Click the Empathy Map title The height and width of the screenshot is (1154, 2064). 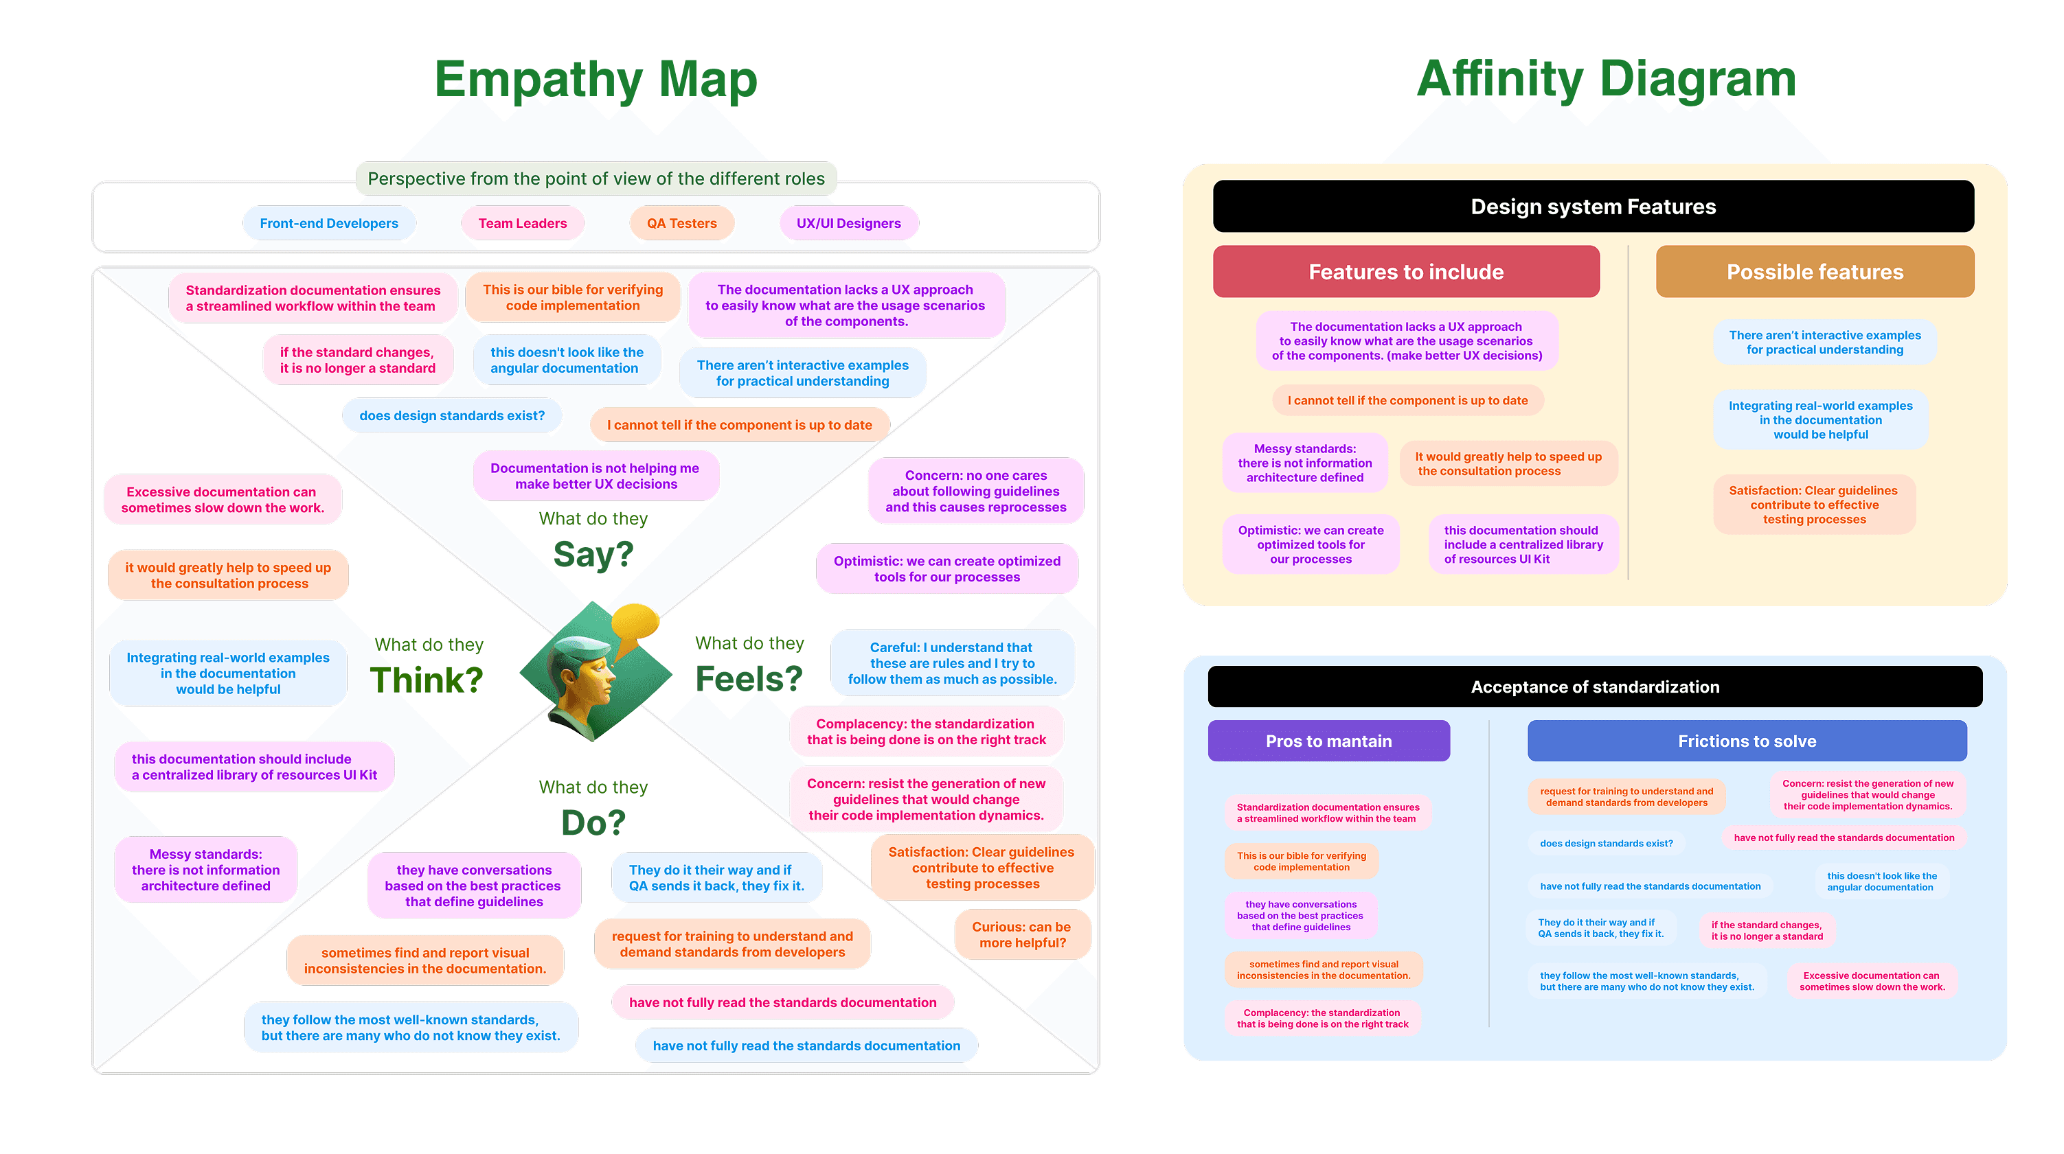[x=596, y=80]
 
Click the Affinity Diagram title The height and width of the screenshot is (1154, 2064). [x=1606, y=80]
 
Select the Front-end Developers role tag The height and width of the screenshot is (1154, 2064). [x=328, y=223]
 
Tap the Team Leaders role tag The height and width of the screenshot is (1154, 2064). [x=523, y=223]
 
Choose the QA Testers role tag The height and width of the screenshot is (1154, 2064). [x=681, y=223]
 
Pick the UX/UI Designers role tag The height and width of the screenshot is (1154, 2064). [x=848, y=223]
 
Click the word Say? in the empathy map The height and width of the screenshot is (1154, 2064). [x=593, y=554]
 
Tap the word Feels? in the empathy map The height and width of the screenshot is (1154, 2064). [x=749, y=679]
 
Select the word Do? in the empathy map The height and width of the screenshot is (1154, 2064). [x=593, y=822]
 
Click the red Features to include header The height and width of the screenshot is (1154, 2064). [x=1405, y=273]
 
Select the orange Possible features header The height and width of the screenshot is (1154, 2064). [x=1814, y=273]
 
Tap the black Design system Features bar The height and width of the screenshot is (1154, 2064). [x=1593, y=207]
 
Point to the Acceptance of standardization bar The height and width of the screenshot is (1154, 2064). [x=1594, y=687]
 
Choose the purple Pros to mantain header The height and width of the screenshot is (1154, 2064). [x=1328, y=741]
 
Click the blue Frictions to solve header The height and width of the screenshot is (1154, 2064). [x=1747, y=741]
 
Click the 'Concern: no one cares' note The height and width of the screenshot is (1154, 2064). [x=975, y=492]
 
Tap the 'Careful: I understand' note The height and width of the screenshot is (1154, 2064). [x=952, y=663]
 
